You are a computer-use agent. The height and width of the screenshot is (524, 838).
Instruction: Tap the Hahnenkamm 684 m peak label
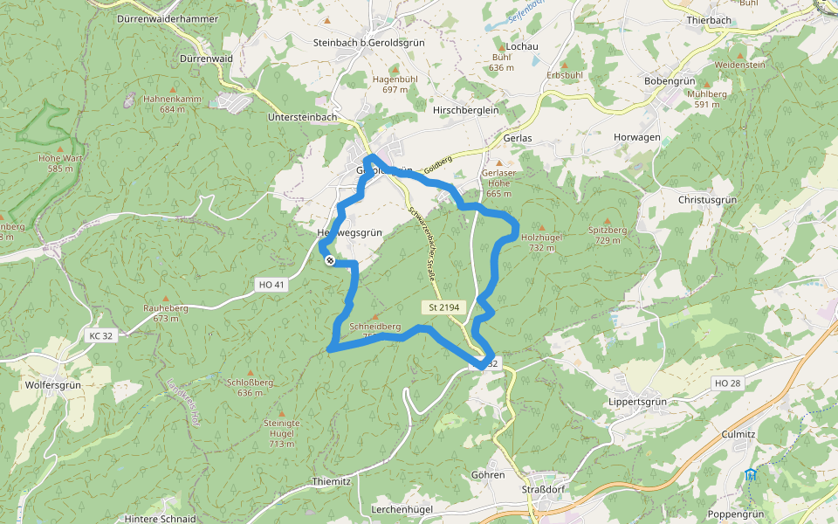coord(173,104)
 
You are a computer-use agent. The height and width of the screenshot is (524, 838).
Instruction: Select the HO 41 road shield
coord(272,285)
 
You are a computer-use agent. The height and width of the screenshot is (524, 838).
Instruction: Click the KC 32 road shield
coord(101,335)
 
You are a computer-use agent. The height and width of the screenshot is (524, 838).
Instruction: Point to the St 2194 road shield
coord(444,307)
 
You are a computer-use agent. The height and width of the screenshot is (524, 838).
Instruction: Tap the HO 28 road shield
coord(727,383)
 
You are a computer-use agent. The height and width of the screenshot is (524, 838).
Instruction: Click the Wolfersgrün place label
coord(53,383)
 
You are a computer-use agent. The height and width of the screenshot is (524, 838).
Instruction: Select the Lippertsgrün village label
coord(636,402)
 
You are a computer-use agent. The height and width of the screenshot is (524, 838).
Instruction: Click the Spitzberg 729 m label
coord(608,235)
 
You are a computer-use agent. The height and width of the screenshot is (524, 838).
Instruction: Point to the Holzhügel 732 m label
coord(541,242)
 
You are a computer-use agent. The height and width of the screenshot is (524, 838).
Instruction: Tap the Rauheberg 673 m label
coord(166,313)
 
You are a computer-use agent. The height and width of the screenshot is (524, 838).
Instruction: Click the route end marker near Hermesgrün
coord(329,260)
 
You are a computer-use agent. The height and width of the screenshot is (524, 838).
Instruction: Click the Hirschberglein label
coord(464,111)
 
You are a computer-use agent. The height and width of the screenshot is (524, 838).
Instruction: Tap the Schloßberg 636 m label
coord(251,387)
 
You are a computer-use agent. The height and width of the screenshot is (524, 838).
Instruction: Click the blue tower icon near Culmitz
coord(751,474)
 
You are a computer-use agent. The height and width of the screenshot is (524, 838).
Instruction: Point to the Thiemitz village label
coord(331,481)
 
